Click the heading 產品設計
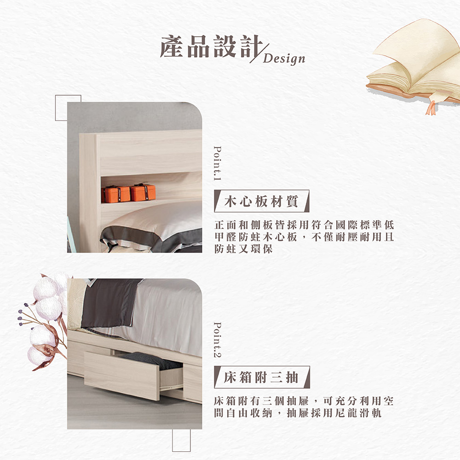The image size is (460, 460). tap(210, 46)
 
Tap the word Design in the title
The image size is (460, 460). tap(284, 59)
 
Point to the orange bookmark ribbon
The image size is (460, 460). tap(431, 108)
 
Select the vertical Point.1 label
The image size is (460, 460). tap(218, 163)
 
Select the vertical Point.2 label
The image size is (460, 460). tap(218, 340)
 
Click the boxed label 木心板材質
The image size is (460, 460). tap(262, 201)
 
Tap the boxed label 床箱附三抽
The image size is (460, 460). tap(262, 377)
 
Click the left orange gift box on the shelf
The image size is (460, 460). tap(115, 194)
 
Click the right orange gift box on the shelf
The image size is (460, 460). tap(143, 192)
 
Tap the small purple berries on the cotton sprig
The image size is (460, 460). tap(22, 315)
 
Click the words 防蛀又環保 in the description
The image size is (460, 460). tap(243, 249)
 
